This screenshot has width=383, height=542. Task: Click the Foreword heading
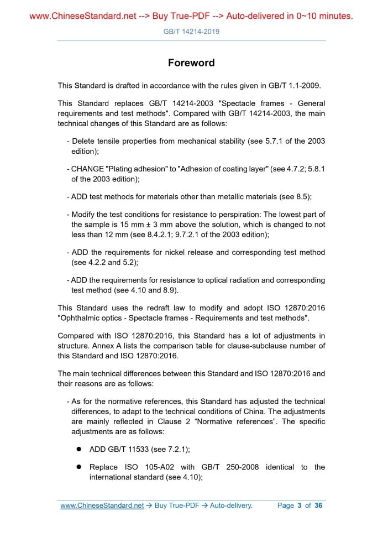coord(191,62)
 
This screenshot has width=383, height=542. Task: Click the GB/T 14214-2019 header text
coord(191,32)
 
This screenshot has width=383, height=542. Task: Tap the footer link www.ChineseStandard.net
coord(102,505)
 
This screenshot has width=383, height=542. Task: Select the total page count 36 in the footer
coord(318,505)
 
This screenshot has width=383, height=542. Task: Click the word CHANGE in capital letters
coord(86,169)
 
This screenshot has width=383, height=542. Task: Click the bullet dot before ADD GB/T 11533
coord(79,450)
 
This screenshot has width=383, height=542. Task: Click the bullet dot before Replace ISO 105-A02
coord(79,467)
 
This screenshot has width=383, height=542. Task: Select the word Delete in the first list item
coord(83,141)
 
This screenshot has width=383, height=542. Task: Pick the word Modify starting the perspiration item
coord(84,215)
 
